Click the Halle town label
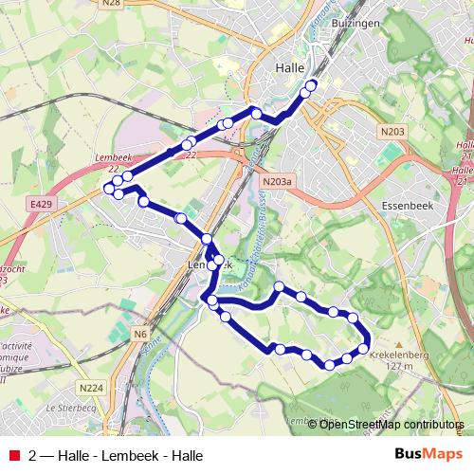tap(287, 67)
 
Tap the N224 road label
tap(91, 388)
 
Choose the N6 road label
tap(140, 334)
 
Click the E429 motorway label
tap(41, 204)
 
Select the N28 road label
tap(110, 5)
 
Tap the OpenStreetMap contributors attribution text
tap(392, 425)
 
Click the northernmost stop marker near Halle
tap(311, 85)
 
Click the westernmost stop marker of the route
tap(109, 188)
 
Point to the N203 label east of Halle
tap(395, 132)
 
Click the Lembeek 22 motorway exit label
tap(114, 163)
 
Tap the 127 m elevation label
tap(401, 366)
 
